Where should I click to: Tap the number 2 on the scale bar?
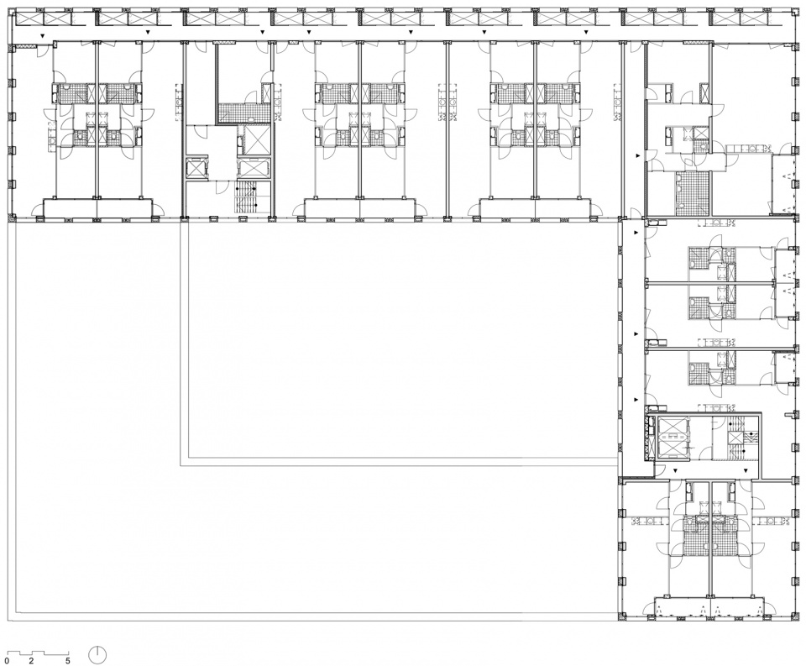coord(31,661)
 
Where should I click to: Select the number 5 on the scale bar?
coord(67,661)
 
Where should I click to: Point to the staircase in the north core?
coord(246,197)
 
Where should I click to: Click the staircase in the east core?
coord(735,438)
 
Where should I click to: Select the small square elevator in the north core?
coord(196,170)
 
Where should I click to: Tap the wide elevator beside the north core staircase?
coord(254,169)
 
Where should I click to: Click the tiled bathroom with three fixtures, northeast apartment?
coord(692,191)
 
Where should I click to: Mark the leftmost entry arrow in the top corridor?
coord(43,35)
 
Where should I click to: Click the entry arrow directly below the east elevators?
coord(675,470)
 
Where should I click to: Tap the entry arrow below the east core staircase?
coord(745,470)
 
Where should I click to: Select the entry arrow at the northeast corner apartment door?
coord(638,155)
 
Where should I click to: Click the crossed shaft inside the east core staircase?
coord(735,438)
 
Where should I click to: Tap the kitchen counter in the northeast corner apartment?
coord(750,149)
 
